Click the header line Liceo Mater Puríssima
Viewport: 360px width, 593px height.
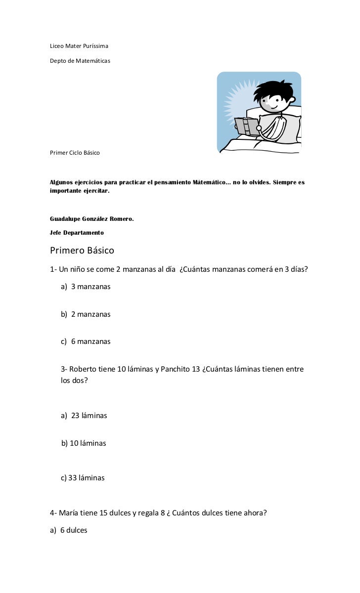point(79,46)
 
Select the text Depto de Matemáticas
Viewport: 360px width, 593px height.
point(80,61)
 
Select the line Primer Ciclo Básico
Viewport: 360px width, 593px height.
point(75,153)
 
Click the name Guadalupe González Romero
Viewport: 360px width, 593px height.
point(92,218)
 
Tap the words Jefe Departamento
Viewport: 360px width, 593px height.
point(77,232)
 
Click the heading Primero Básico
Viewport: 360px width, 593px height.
point(82,251)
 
